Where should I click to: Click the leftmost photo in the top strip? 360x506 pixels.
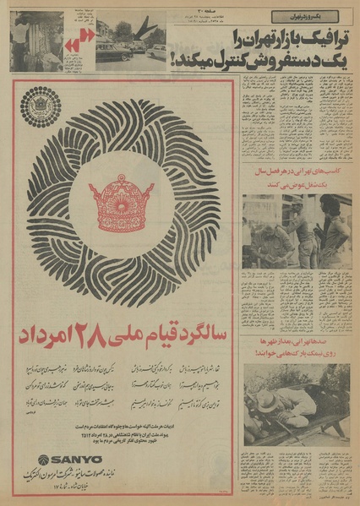[35, 41]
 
